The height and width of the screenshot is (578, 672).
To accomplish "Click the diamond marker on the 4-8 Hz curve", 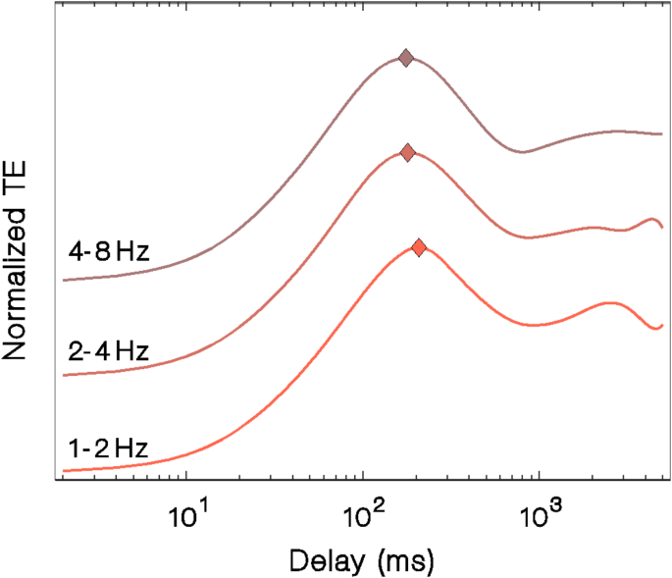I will [405, 59].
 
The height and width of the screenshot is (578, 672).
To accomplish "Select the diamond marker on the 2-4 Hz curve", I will [407, 152].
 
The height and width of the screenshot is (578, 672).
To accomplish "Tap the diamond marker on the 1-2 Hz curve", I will [419, 248].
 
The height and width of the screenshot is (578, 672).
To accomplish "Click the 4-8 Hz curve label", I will [108, 252].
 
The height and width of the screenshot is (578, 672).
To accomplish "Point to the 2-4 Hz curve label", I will [108, 350].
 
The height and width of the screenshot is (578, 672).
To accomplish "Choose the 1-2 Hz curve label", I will [108, 450].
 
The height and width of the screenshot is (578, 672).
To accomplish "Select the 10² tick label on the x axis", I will [364, 511].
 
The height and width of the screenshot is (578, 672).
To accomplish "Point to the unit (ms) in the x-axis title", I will [400, 560].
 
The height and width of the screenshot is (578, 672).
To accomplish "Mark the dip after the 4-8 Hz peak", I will [525, 152].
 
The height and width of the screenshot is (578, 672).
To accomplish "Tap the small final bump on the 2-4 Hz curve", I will [650, 218].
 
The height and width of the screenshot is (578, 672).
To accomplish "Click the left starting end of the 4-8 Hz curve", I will [65, 280].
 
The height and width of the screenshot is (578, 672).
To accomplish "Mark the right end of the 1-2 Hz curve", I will [664, 324].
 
